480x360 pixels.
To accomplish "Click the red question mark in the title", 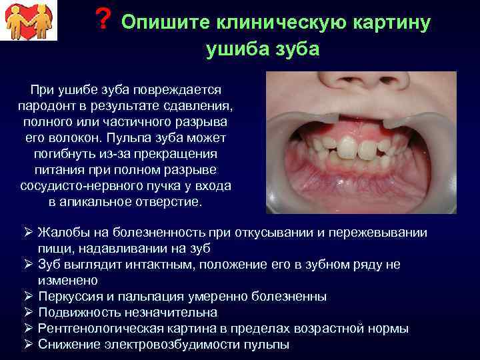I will [102, 20].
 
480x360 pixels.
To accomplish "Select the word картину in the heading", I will [397, 23].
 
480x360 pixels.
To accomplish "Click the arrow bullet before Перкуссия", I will [28, 296].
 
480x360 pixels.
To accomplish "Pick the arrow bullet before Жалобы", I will [28, 233].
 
